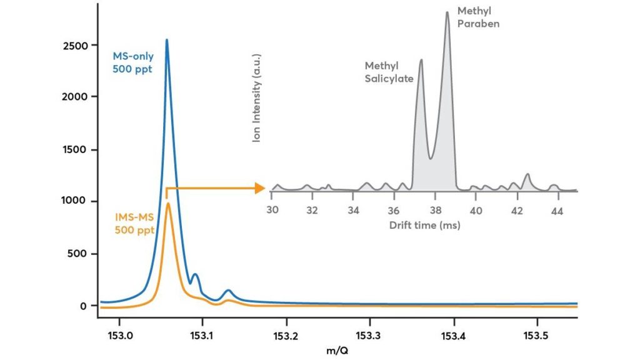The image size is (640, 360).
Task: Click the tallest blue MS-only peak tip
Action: [166, 40]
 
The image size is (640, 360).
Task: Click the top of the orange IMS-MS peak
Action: [167, 203]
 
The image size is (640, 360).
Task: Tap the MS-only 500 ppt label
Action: [133, 62]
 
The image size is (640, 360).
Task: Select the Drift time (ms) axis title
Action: [424, 225]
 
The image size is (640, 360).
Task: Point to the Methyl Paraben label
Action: [478, 17]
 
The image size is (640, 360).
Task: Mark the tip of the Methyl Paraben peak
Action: [447, 12]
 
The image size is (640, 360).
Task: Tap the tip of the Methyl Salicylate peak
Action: [421, 60]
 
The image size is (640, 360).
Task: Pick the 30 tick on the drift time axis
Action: [272, 211]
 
